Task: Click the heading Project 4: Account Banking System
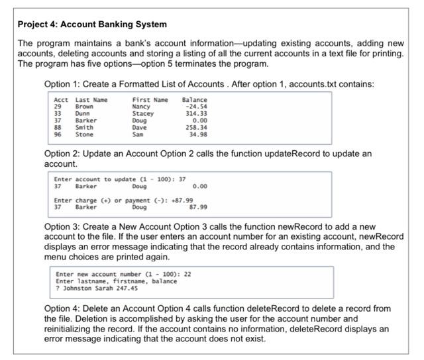(92, 24)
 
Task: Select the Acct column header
(60, 99)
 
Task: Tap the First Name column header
(150, 99)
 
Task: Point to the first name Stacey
(143, 113)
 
